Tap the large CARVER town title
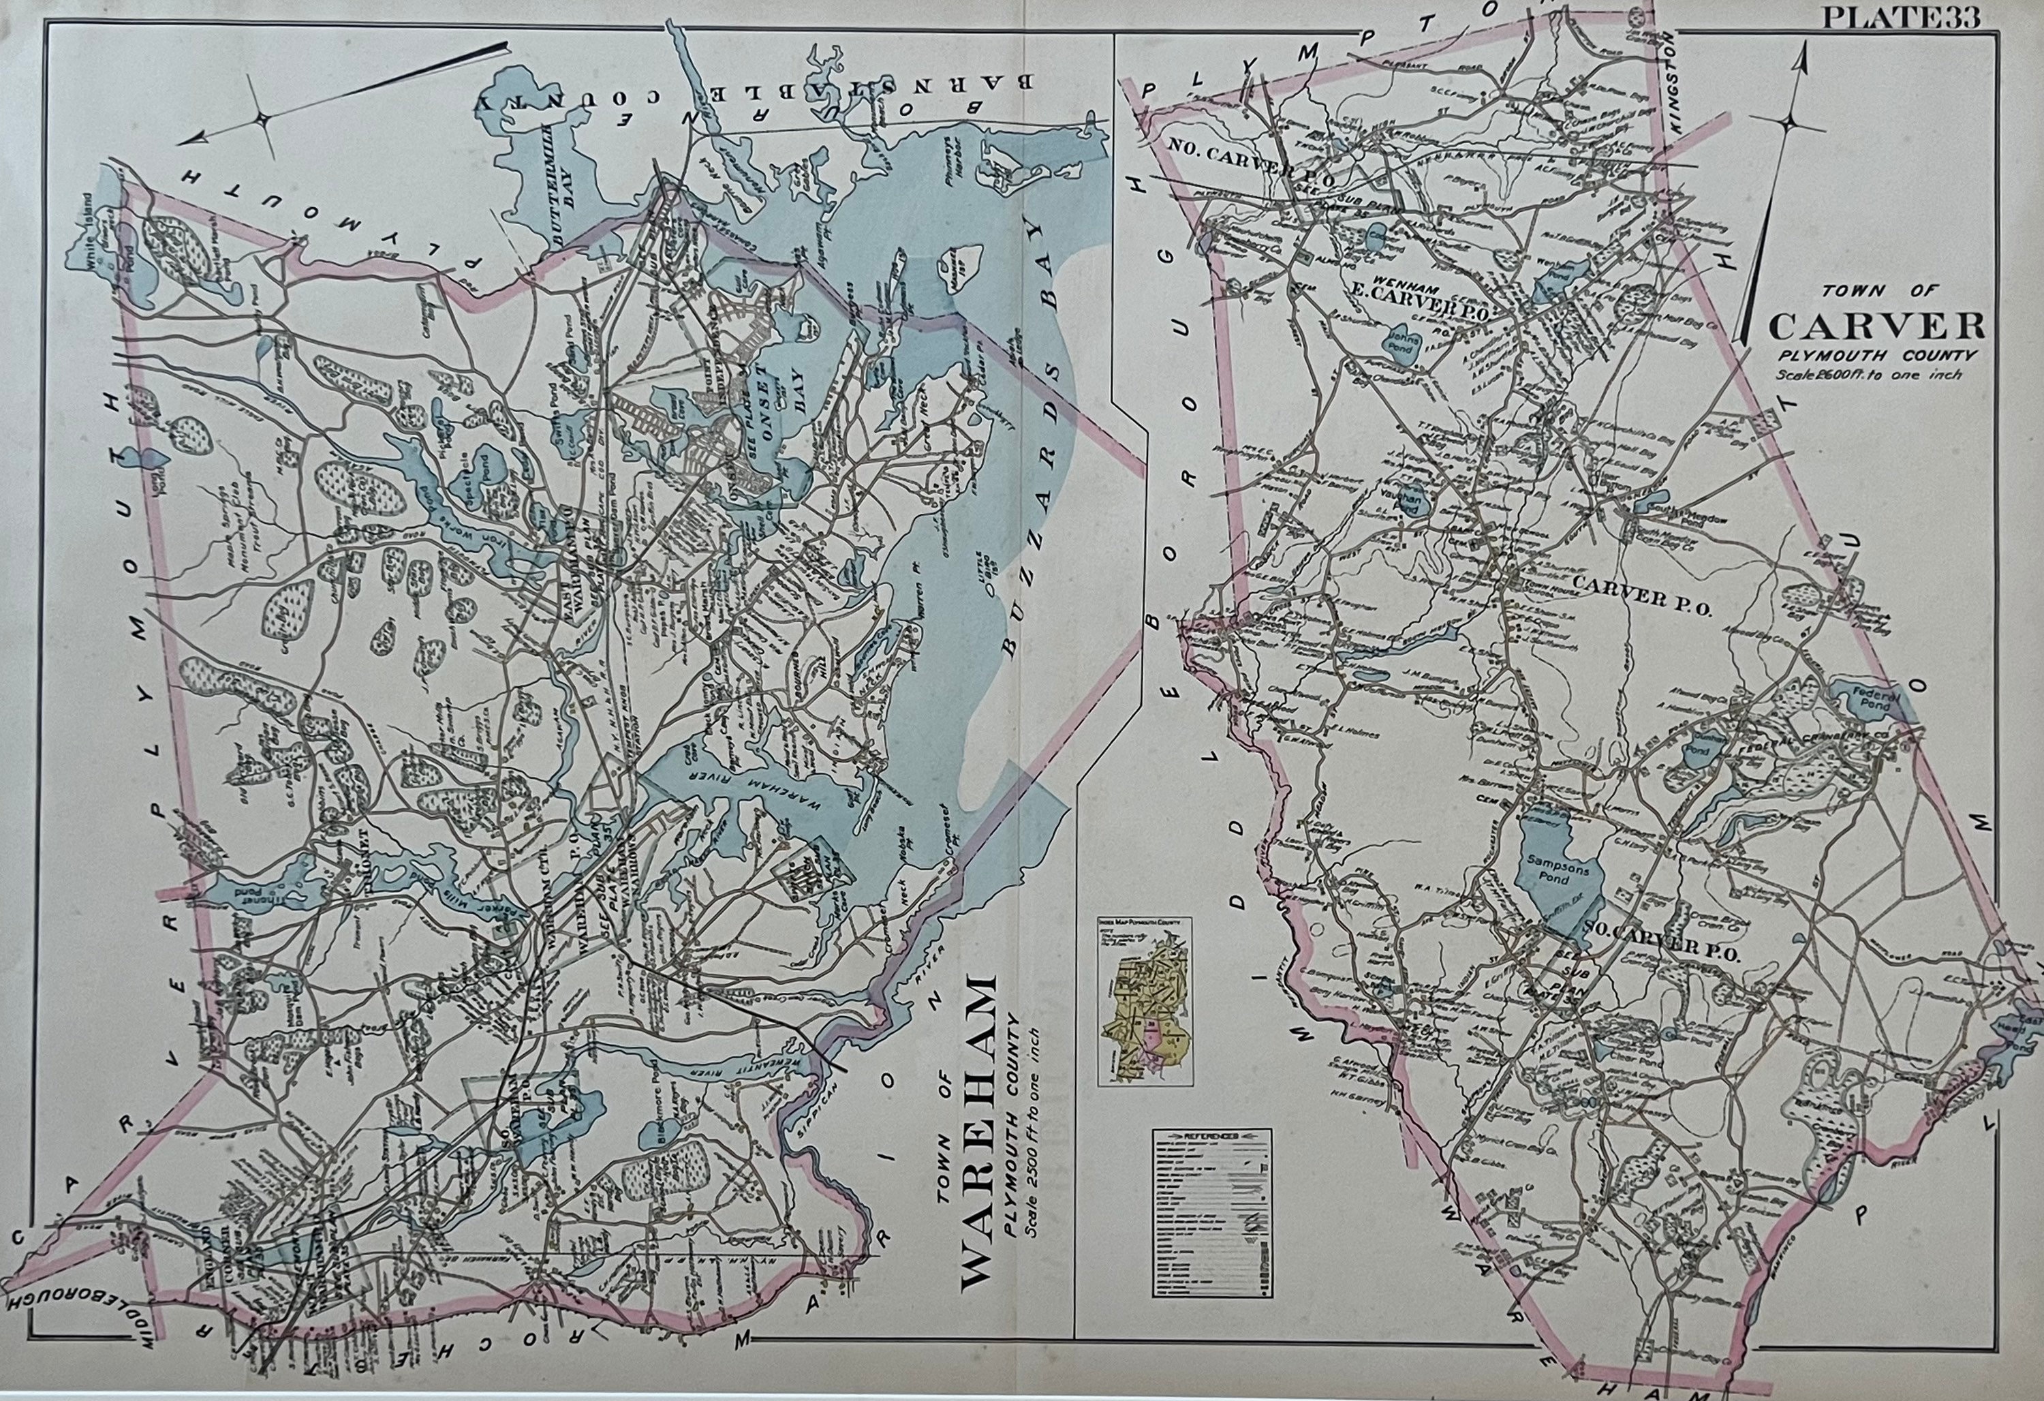click(x=1875, y=326)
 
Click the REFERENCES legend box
click(x=1212, y=1213)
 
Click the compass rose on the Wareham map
click(x=262, y=119)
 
